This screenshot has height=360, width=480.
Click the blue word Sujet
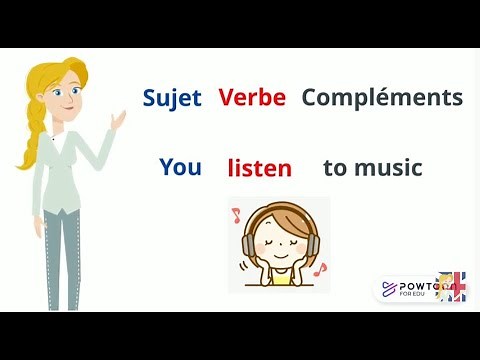click(x=172, y=97)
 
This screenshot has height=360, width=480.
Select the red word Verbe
click(x=252, y=97)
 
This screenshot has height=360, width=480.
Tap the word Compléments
click(x=382, y=97)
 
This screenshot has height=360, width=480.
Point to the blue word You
click(x=180, y=167)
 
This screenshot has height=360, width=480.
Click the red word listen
click(x=259, y=167)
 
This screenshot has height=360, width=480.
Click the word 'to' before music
click(x=334, y=167)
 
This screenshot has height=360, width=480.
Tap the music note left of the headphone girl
click(x=237, y=214)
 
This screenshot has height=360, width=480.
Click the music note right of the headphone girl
click(x=320, y=268)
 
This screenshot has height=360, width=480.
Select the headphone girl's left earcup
click(x=249, y=243)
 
